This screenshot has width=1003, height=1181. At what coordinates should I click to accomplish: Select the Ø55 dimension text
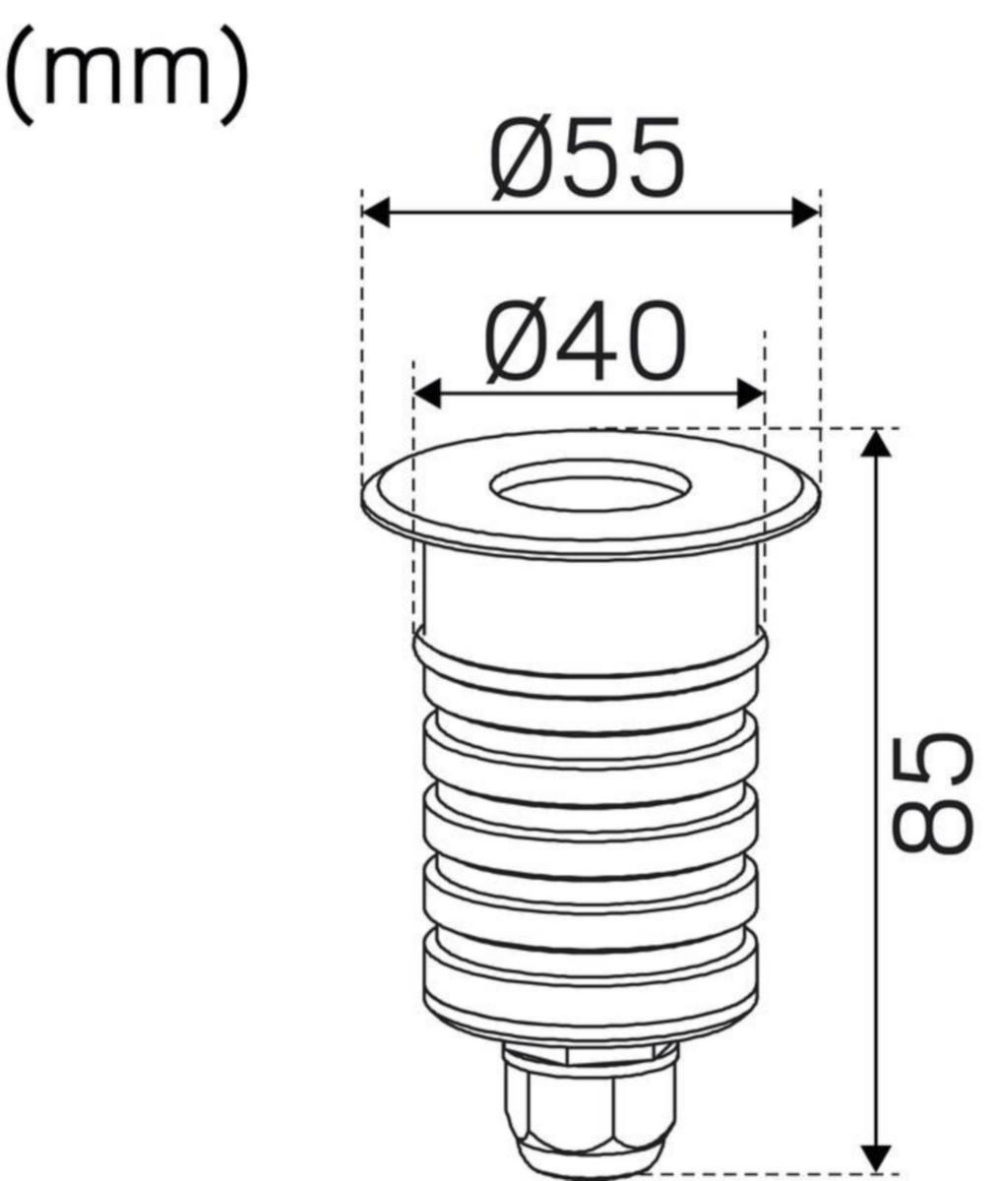click(x=587, y=158)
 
